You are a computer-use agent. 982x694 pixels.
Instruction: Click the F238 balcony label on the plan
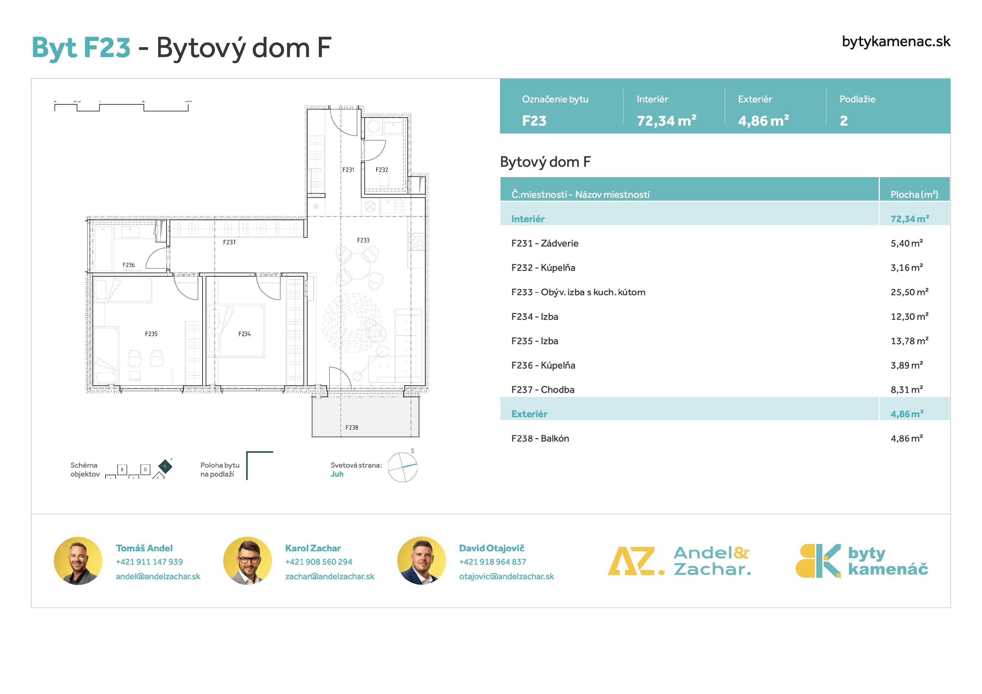tap(352, 428)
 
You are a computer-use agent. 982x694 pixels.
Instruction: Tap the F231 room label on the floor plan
tap(348, 170)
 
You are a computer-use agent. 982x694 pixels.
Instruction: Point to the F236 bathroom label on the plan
tap(128, 265)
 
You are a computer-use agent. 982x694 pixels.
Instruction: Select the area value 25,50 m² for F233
tap(909, 292)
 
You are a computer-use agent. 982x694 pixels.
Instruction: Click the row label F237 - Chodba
tap(543, 390)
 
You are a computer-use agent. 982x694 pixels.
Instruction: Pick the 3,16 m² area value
tap(907, 268)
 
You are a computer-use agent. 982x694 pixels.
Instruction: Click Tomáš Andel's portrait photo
tap(78, 561)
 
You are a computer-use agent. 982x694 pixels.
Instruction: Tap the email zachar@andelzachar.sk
tap(329, 576)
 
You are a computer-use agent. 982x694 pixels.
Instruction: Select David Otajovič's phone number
tap(492, 562)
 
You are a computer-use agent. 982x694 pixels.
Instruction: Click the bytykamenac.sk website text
tap(896, 41)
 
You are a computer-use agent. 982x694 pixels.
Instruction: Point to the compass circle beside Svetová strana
tap(403, 467)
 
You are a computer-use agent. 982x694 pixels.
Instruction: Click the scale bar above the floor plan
tap(121, 107)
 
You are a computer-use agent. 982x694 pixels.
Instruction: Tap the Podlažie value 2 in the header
tap(843, 121)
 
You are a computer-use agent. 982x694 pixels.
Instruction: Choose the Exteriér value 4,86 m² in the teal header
tap(763, 121)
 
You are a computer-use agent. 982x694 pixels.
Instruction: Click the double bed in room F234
tap(238, 330)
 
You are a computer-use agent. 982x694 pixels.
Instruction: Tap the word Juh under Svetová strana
tap(336, 474)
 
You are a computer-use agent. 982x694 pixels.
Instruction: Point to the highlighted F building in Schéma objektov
tap(165, 466)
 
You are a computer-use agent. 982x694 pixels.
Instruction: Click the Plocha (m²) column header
tap(914, 194)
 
